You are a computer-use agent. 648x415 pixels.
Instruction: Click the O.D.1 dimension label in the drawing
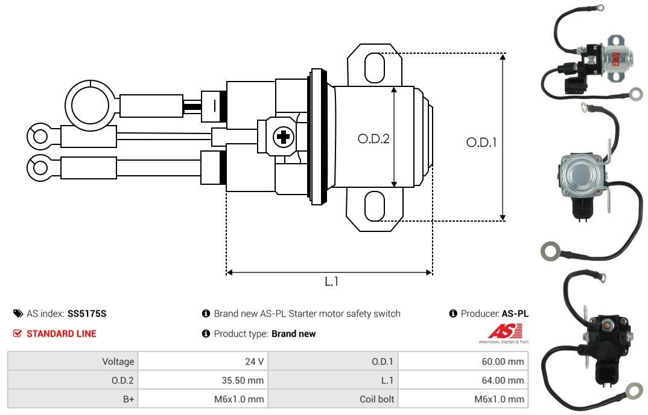(x=481, y=143)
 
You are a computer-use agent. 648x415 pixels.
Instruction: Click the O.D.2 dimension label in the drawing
(x=373, y=138)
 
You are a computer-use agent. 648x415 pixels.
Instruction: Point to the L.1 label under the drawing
(x=331, y=281)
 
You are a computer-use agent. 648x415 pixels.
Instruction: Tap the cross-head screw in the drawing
(x=282, y=137)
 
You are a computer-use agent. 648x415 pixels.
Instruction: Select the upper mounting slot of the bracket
(x=374, y=66)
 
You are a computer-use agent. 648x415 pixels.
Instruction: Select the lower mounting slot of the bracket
(x=374, y=207)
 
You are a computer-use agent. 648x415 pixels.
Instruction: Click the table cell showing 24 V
(x=203, y=361)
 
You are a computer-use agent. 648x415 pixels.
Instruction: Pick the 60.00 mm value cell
(x=463, y=361)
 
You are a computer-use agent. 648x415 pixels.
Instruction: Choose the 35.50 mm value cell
(x=203, y=380)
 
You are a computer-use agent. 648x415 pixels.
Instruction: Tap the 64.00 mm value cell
(x=463, y=380)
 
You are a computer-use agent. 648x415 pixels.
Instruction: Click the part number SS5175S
(x=87, y=314)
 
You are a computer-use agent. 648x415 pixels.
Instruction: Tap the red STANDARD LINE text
(x=61, y=333)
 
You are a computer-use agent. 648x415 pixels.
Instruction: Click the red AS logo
(x=500, y=331)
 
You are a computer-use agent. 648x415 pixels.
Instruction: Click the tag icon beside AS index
(x=18, y=314)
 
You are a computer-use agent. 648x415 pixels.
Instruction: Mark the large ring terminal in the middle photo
(x=550, y=249)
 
